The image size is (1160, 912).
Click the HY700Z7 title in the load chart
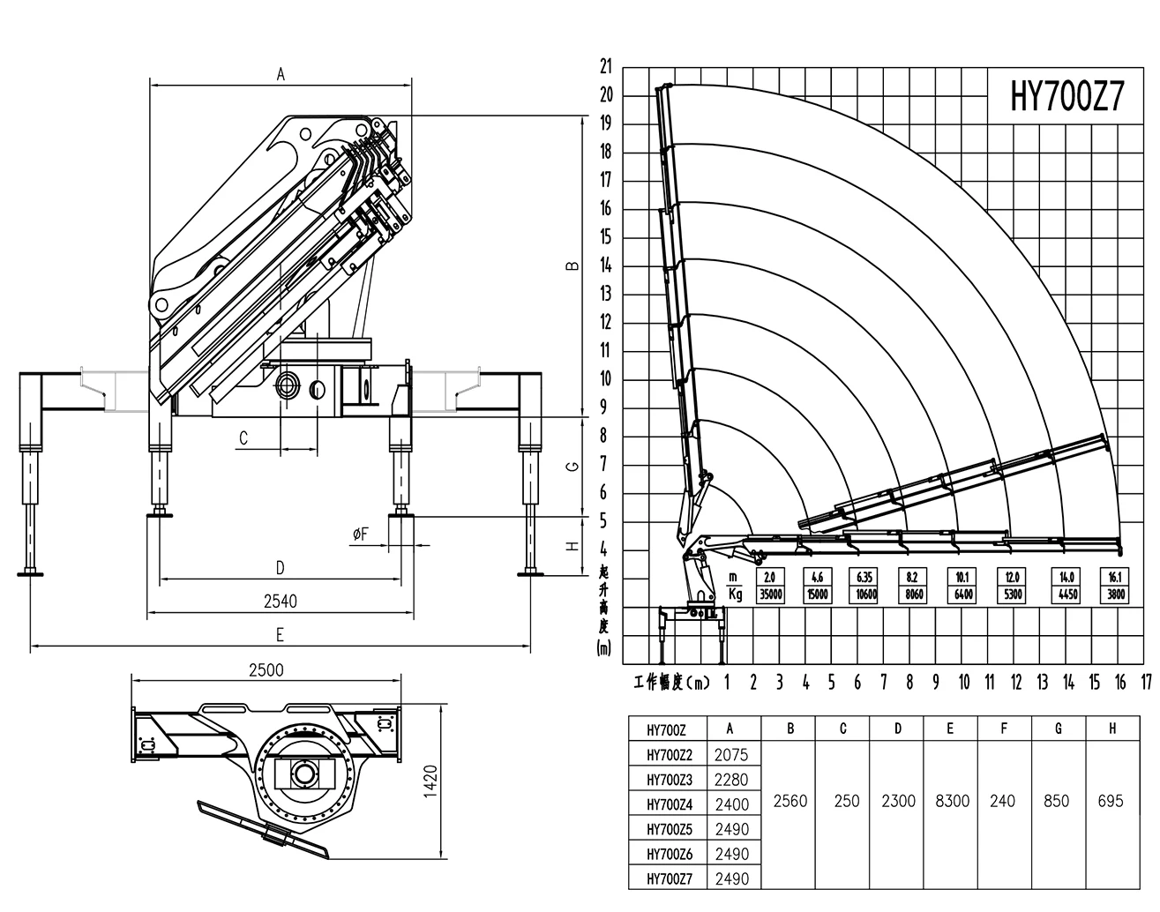coord(1066,96)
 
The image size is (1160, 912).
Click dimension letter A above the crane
coord(281,74)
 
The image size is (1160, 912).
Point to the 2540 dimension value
coord(281,601)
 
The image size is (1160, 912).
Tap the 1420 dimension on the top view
coord(430,781)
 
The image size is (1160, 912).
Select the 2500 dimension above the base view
coord(266,670)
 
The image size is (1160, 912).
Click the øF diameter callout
coord(361,534)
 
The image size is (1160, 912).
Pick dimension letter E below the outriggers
coord(280,635)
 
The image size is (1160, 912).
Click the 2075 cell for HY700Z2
coord(731,755)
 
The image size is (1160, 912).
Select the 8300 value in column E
coord(953,801)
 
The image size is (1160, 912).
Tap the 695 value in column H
coord(1111,801)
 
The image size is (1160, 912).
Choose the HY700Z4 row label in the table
coord(670,804)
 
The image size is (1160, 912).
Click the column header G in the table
coord(1059,729)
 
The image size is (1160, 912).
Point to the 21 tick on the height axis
coord(606,66)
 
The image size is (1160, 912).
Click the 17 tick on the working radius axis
coord(1147,683)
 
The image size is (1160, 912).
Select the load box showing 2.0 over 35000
coord(770,586)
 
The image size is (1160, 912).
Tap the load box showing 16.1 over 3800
coord(1114,586)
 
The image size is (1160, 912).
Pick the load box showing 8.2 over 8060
coord(912,586)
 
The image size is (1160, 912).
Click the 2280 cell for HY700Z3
coord(731,780)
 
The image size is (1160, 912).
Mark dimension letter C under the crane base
coord(243,437)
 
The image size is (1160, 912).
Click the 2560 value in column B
coord(790,801)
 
